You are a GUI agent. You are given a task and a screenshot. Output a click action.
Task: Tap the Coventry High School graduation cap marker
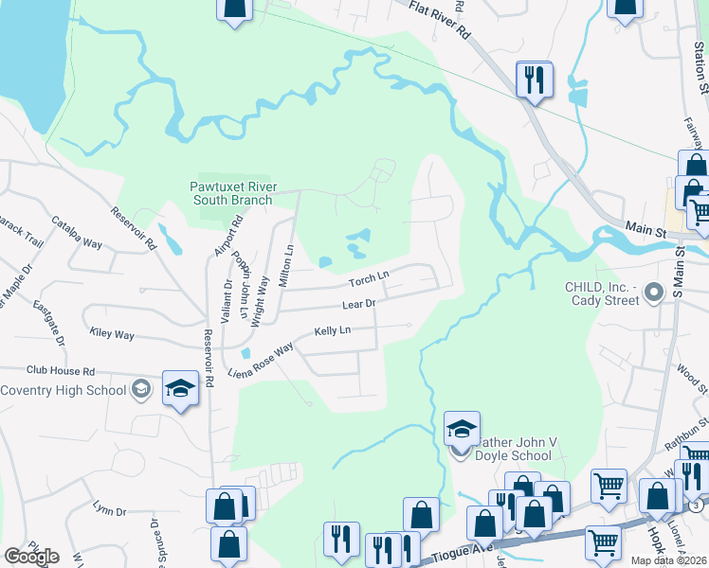(180, 389)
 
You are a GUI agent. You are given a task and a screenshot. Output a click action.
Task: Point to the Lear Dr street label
(359, 304)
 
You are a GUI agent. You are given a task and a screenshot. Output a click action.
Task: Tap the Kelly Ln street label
(333, 330)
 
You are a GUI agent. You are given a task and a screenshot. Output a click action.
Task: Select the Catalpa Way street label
(77, 231)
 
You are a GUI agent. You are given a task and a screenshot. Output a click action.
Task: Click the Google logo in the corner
(31, 557)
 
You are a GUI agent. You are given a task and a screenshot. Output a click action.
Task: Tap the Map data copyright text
(669, 560)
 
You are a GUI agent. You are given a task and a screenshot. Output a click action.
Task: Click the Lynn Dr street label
(109, 511)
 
